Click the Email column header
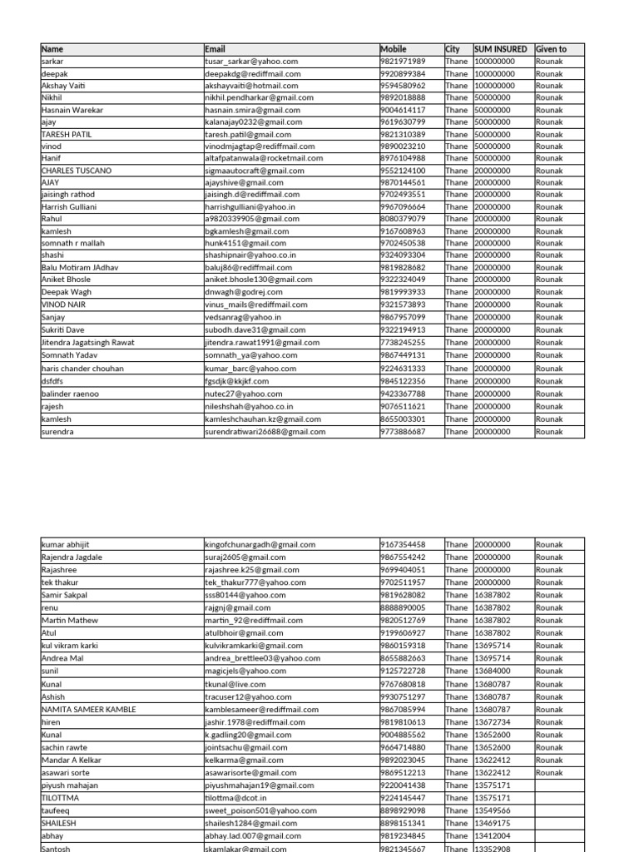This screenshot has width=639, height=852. pos(215,50)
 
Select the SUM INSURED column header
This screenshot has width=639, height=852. pos(500,50)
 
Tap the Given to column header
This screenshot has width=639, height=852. pos(551,50)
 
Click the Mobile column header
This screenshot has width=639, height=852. pos(394,50)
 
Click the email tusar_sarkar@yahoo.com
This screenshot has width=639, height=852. pos(251,62)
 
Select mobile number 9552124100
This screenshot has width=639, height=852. pos(403,171)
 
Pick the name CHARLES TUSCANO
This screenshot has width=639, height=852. pos(76,171)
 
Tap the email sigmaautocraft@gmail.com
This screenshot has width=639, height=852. pos(255,171)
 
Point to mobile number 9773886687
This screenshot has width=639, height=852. pos(403,432)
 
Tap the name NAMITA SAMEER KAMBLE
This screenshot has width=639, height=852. pos(88,710)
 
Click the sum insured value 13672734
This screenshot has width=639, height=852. pos(493,722)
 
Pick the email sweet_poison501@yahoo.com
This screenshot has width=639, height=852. pos(260,810)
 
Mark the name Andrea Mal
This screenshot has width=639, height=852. pos(62,658)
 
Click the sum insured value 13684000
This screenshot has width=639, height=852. pos(493,671)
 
